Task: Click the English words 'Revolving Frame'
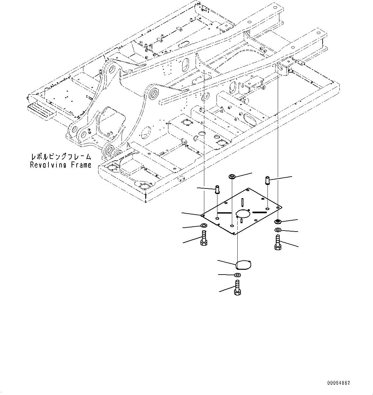pos(61,165)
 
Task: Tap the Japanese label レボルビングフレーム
pos(61,157)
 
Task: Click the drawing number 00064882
pos(339,383)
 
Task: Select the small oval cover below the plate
pos(243,265)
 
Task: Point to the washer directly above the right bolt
pos(278,230)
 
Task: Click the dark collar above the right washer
pos(278,222)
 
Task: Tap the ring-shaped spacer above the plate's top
pos(232,177)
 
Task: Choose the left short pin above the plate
pos(217,189)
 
